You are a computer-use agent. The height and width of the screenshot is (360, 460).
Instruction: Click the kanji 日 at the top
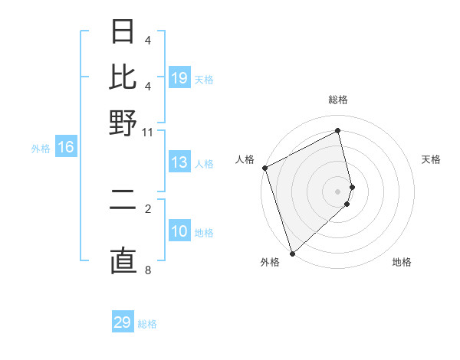(x=123, y=32)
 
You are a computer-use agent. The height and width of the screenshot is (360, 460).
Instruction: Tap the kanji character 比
(x=123, y=77)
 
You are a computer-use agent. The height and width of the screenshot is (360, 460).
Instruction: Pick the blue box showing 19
(x=179, y=77)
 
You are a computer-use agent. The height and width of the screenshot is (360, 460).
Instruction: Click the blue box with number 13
(x=179, y=162)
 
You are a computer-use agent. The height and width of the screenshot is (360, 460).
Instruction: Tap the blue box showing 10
(x=179, y=231)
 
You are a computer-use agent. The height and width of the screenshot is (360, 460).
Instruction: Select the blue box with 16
(x=66, y=147)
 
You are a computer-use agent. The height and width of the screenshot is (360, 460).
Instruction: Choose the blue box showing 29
(x=123, y=322)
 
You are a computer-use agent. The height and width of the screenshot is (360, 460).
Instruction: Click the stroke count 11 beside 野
(x=148, y=132)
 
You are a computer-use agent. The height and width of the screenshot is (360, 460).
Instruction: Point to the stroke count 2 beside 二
(x=148, y=208)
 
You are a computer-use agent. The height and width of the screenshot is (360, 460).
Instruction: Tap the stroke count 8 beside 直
(x=148, y=270)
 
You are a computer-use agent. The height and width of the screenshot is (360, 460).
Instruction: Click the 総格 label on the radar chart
(x=338, y=100)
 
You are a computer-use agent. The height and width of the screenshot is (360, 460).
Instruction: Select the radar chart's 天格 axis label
(x=431, y=159)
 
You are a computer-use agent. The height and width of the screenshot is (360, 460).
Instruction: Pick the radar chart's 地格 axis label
(x=402, y=262)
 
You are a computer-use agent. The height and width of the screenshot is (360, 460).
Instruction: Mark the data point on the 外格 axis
(x=292, y=253)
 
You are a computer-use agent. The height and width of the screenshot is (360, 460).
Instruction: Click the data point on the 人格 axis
(x=264, y=168)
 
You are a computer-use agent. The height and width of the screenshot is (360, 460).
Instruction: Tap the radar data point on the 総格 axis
(x=338, y=131)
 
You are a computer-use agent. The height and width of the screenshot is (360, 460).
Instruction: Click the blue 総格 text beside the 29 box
(x=147, y=324)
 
